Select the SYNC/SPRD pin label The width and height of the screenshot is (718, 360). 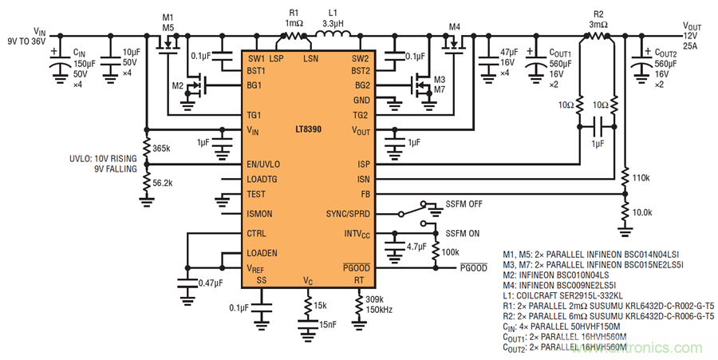[x=348, y=214]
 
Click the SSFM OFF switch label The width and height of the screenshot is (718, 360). [x=464, y=204]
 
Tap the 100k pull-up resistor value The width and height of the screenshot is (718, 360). [x=452, y=251]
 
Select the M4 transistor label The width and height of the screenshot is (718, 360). [x=455, y=27]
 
